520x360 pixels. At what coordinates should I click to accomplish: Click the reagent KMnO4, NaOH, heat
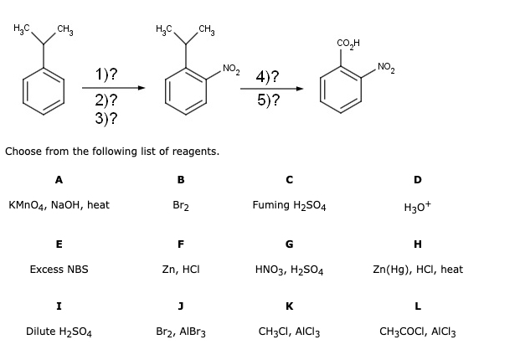(x=59, y=205)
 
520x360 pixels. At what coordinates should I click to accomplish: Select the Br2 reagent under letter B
(x=180, y=205)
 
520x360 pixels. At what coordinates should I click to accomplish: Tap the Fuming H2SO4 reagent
(x=288, y=205)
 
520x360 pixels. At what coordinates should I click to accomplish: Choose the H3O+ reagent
(x=417, y=206)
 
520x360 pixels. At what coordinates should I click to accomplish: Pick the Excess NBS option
(x=59, y=270)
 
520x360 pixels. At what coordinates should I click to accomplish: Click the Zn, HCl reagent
(x=180, y=270)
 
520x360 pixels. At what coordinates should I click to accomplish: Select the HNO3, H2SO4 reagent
(x=289, y=270)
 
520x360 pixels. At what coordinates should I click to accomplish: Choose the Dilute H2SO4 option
(x=59, y=332)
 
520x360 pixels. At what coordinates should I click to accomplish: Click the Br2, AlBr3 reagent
(x=180, y=332)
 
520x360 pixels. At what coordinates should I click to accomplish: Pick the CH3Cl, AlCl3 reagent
(x=289, y=332)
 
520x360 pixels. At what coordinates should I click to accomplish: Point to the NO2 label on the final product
(x=388, y=66)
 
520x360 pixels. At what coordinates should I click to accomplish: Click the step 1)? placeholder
(x=106, y=75)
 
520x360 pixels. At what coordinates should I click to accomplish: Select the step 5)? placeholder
(x=268, y=100)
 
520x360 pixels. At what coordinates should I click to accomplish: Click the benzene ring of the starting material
(x=44, y=89)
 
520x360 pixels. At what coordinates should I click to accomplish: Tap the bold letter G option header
(x=289, y=244)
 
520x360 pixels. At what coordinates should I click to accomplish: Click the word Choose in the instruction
(x=24, y=152)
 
